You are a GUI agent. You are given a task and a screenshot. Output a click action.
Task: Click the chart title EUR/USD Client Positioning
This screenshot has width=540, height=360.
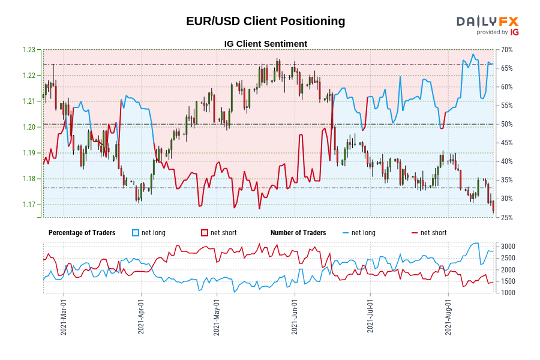coord(265,21)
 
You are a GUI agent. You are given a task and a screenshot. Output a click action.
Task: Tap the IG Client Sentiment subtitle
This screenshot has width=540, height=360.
coord(265,44)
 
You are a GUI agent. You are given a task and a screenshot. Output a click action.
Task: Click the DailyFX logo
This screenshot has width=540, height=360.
coord(487,21)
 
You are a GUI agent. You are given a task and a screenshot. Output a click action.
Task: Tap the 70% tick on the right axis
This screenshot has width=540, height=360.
coord(506,50)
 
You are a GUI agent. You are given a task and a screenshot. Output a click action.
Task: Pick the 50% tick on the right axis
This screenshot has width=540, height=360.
coord(506,124)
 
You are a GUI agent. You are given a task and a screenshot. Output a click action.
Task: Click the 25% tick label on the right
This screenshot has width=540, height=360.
coord(506,217)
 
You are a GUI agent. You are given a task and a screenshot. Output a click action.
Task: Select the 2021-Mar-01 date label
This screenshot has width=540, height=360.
coord(64,317)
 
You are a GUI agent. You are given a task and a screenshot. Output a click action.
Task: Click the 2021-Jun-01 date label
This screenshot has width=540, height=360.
coord(295,317)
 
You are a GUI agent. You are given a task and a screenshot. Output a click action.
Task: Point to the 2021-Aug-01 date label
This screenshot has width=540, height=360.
coord(448,317)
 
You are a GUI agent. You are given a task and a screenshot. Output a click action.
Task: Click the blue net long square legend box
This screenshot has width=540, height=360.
coord(136,233)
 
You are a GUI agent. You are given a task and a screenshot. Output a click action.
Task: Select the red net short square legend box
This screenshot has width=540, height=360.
coord(204,233)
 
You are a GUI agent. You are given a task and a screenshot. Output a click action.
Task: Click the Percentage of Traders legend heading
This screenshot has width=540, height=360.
coord(82,233)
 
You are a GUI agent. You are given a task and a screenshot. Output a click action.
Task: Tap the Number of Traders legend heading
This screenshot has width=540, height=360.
coord(298,233)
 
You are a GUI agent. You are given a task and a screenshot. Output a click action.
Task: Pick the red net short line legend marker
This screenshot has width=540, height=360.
coord(415,233)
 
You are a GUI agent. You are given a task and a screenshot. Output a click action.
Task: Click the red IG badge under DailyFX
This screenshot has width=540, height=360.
coord(514,32)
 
